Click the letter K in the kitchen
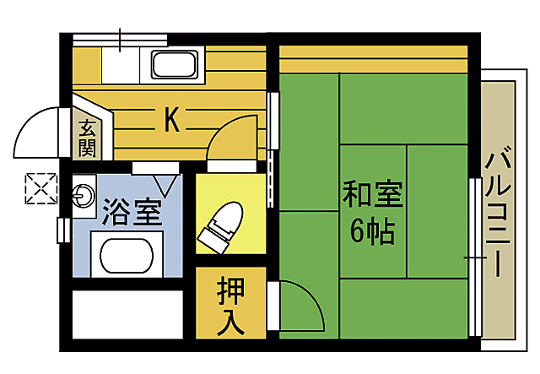pos(171,121)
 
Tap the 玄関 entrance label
pos(87,138)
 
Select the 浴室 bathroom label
pos(131,211)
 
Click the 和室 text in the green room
pos(372,195)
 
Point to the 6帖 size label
pos(372,230)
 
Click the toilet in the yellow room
pos(221,225)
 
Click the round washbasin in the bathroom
pos(82,197)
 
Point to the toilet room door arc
pos(229,136)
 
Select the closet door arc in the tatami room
pos(300,307)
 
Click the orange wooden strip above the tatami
pos(372,59)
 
